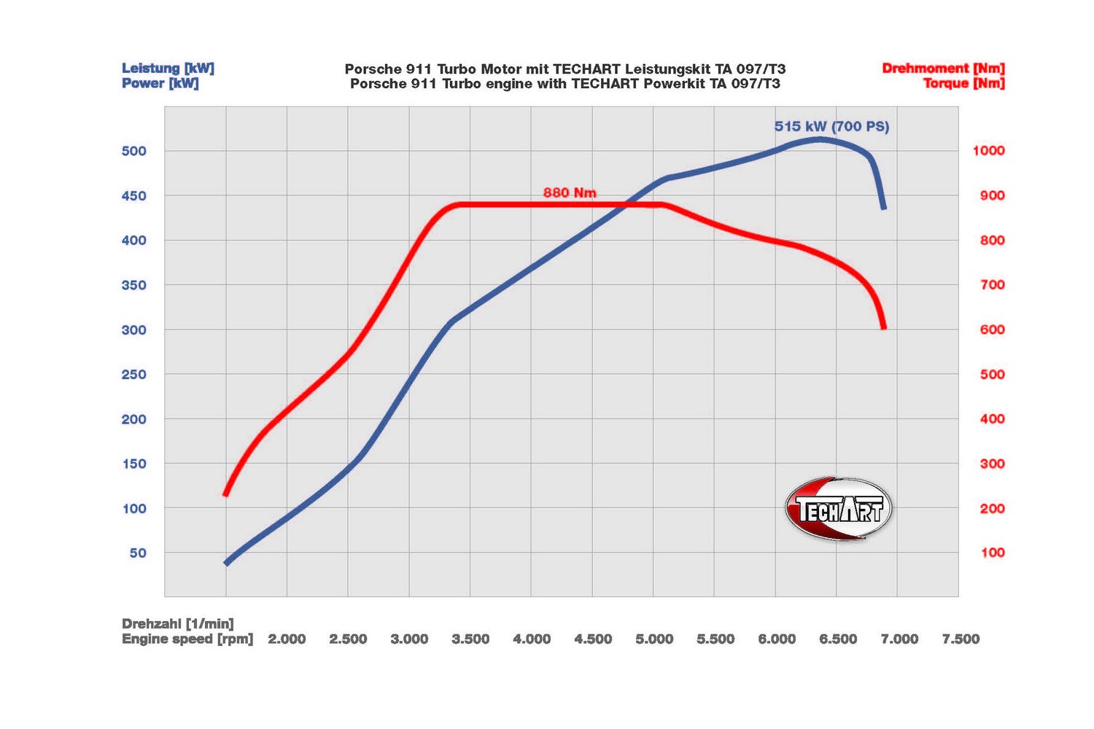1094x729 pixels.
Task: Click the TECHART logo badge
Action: [839, 509]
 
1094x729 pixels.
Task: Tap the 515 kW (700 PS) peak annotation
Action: [831, 126]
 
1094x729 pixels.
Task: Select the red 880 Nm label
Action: [570, 192]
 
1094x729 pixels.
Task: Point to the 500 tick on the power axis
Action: [134, 151]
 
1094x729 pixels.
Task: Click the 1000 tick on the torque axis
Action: [988, 150]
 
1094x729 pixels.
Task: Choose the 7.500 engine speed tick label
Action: [961, 639]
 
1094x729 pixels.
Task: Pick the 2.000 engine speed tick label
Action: [287, 639]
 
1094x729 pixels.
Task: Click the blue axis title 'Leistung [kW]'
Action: [168, 69]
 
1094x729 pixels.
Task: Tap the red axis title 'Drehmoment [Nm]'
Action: [943, 69]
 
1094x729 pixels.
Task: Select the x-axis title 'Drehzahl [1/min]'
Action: [178, 624]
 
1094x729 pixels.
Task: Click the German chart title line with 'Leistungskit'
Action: [565, 69]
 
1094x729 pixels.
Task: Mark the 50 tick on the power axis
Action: [138, 553]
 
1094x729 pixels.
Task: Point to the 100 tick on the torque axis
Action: [993, 553]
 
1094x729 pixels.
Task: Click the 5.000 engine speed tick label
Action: [654, 639]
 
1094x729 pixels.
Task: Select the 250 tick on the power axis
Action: [134, 375]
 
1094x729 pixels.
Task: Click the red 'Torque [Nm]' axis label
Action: [963, 83]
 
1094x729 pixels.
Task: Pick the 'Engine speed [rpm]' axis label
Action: [187, 639]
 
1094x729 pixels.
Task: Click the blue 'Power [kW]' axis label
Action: [160, 83]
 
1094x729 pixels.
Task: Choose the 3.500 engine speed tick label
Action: [470, 639]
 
